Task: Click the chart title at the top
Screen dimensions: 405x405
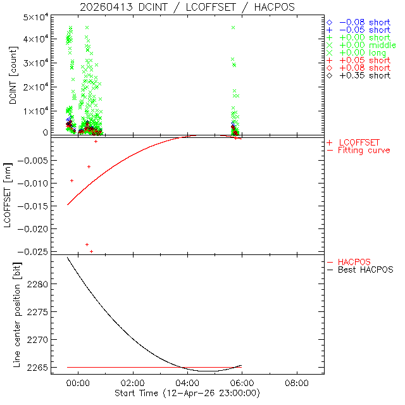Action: [187, 7]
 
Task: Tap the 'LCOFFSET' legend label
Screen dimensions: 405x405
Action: [359, 142]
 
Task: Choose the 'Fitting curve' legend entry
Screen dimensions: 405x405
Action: [364, 150]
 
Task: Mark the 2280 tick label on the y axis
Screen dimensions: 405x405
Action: [45, 284]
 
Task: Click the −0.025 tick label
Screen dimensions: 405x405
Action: [42, 251]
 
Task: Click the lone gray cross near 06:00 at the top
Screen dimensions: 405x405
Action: [234, 28]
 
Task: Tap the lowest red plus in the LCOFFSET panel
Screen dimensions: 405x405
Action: [92, 251]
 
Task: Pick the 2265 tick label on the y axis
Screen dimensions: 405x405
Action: [45, 368]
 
